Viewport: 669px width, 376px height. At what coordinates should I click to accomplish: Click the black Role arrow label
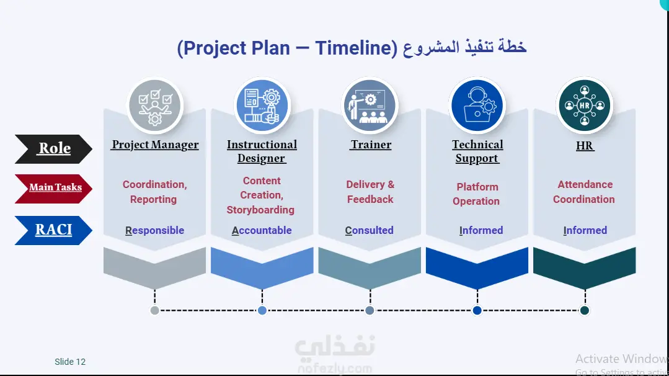pyautogui.click(x=54, y=149)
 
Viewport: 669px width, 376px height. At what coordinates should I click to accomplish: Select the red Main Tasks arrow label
pyautogui.click(x=54, y=189)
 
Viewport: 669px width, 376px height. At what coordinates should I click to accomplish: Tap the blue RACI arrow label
pyautogui.click(x=54, y=230)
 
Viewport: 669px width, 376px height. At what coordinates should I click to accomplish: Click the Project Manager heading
pyautogui.click(x=155, y=145)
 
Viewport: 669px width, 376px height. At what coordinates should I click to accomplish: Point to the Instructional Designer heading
pyautogui.click(x=262, y=151)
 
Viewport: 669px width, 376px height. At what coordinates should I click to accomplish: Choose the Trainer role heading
pyautogui.click(x=371, y=145)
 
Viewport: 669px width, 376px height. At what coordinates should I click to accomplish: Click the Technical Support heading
pyautogui.click(x=477, y=151)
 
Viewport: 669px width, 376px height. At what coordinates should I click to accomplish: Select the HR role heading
pyautogui.click(x=585, y=146)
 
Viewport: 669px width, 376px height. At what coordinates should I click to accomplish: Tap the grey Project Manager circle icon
pyautogui.click(x=155, y=106)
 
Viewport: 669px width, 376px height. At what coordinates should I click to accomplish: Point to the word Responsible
pyautogui.click(x=155, y=230)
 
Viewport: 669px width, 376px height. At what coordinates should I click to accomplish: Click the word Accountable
pyautogui.click(x=262, y=230)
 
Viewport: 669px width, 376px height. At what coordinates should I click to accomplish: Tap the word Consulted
pyautogui.click(x=370, y=230)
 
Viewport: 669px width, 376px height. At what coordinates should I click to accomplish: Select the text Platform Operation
pyautogui.click(x=477, y=194)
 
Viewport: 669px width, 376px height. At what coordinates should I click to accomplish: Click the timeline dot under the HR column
pyautogui.click(x=585, y=310)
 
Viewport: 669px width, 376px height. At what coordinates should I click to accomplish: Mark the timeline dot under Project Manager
pyautogui.click(x=155, y=310)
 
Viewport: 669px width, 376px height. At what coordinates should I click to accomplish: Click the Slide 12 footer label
pyautogui.click(x=70, y=362)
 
